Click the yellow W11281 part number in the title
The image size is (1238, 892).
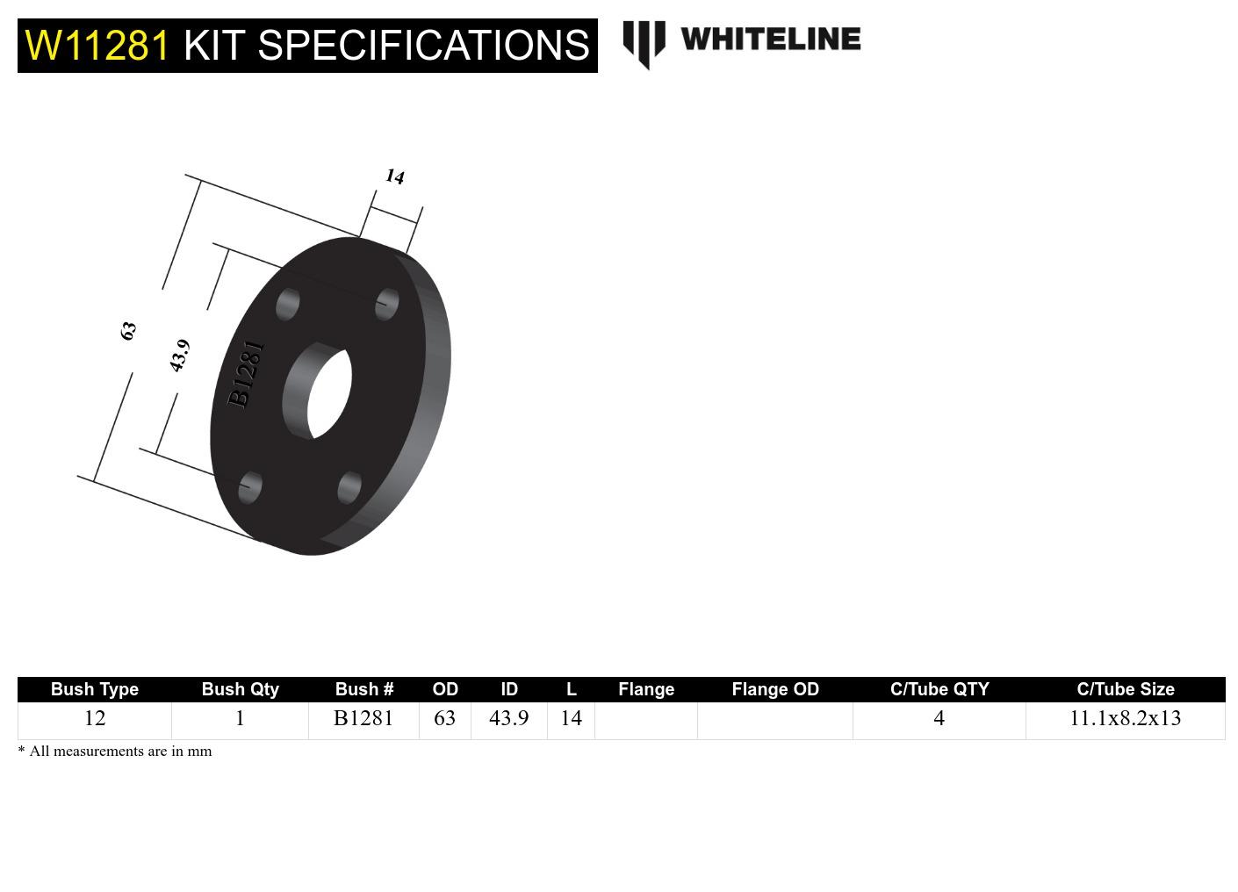(x=97, y=46)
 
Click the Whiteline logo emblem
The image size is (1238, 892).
(x=644, y=43)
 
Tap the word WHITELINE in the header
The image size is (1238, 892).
(x=770, y=40)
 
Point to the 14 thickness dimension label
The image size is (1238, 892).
(x=395, y=176)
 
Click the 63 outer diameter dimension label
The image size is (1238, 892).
(x=128, y=331)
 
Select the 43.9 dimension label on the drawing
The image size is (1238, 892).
(x=179, y=356)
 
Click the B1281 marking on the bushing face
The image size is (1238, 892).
(x=246, y=374)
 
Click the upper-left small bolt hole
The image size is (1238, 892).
(x=287, y=305)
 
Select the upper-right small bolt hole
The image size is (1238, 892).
(x=387, y=304)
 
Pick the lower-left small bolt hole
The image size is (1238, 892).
(x=250, y=486)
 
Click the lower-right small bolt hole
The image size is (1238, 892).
(x=349, y=487)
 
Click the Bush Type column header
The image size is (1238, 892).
(x=95, y=689)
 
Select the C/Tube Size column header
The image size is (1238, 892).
(x=1125, y=689)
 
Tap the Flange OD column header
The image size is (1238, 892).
(x=775, y=689)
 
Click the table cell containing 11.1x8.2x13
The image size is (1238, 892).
(x=1125, y=718)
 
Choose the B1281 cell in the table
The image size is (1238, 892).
(x=363, y=718)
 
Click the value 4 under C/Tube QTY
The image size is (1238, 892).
(x=939, y=718)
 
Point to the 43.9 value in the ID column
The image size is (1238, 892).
(x=508, y=718)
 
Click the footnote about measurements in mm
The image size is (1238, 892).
(x=115, y=751)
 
